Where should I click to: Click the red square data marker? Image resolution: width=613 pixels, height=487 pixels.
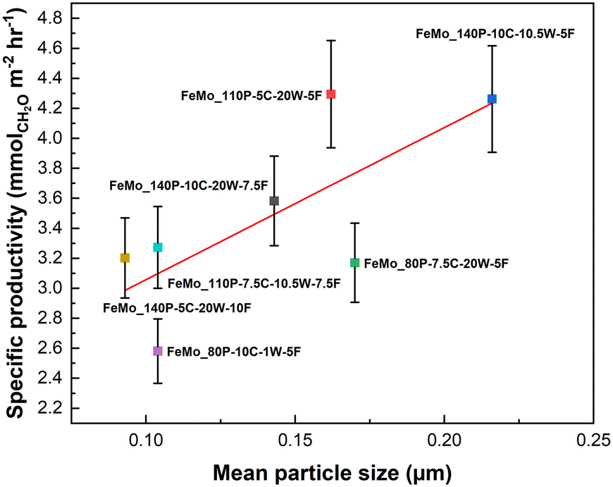tap(331, 94)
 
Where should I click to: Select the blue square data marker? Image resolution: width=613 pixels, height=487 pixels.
tap(492, 99)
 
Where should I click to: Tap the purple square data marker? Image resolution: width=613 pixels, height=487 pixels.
tap(158, 351)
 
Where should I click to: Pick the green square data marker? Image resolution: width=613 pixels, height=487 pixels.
tap(355, 263)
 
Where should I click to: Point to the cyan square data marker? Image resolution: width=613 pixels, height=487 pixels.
tap(158, 247)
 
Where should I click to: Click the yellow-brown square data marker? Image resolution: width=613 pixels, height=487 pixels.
tap(125, 258)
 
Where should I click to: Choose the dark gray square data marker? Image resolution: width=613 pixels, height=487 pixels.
tap(274, 201)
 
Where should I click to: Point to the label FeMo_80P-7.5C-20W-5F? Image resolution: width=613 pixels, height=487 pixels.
tap(435, 263)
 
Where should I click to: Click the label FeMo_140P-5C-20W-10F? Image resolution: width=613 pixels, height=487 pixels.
tap(178, 308)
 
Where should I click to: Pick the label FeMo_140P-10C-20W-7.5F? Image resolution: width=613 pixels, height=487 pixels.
tap(188, 185)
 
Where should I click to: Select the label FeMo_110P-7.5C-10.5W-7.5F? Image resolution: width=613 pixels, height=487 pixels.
tap(254, 283)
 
